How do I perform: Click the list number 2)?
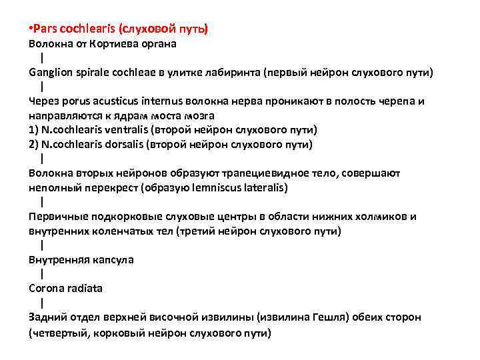[34, 144]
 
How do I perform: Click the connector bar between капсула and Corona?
[41, 273]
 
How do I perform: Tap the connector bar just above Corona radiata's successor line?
[41, 303]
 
